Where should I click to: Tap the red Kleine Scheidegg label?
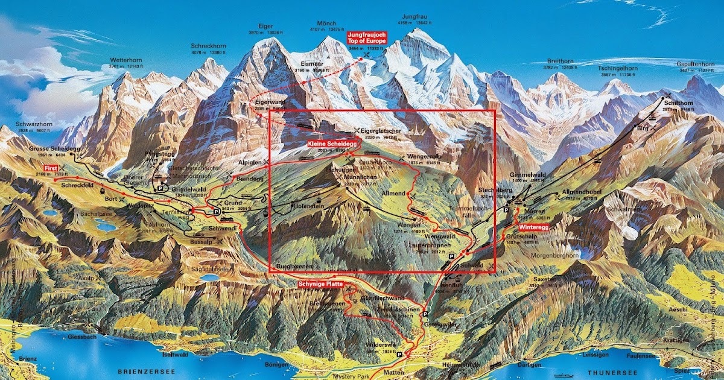(332, 145)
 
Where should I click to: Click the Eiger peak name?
(265, 27)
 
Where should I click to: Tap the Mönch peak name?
(326, 24)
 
